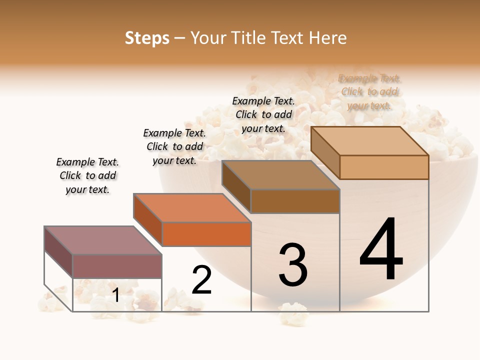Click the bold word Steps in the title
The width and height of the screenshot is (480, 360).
tap(146, 38)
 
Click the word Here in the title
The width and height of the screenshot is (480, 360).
tap(327, 38)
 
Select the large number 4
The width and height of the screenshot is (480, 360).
tap(381, 249)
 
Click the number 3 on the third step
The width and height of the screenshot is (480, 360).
tap(293, 264)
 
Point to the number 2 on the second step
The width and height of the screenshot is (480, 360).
tap(201, 280)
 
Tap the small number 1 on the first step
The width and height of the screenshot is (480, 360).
tap(115, 295)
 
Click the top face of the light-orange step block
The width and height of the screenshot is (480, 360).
tap(370, 141)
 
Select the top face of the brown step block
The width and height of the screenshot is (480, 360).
tap(280, 175)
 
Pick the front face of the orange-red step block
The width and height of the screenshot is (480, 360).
tap(206, 234)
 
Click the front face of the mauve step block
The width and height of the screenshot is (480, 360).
tap(117, 266)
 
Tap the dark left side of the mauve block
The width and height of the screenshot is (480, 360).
tap(58, 252)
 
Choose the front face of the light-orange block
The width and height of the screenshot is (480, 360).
tap(384, 167)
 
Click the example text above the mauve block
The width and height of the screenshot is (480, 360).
tap(87, 175)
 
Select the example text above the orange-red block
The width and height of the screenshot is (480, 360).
tap(174, 146)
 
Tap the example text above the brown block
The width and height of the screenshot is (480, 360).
tap(263, 114)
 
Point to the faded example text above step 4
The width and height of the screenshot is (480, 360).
tap(369, 91)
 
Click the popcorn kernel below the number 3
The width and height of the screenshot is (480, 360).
tap(293, 313)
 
